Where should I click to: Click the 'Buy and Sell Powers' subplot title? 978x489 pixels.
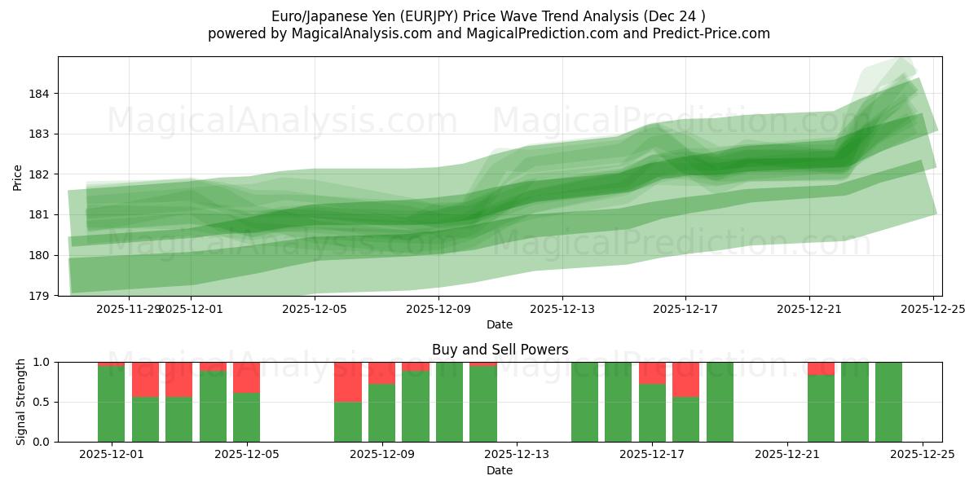[x=500, y=350]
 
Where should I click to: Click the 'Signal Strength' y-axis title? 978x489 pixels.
[x=21, y=402]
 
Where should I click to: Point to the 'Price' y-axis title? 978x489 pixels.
[x=18, y=176]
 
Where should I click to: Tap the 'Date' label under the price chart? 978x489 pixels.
[x=500, y=324]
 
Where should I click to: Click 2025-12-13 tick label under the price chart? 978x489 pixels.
[x=562, y=309]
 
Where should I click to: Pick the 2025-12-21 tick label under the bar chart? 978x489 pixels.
[x=787, y=456]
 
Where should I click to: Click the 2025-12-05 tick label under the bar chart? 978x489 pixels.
[x=246, y=456]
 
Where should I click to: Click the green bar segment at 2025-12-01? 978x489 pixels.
[x=111, y=404]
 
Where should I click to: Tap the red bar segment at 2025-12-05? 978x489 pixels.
[x=246, y=377]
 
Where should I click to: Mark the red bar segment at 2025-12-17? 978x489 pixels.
[x=652, y=372]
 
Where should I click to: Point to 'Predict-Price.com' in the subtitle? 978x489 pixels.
[x=715, y=33]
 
